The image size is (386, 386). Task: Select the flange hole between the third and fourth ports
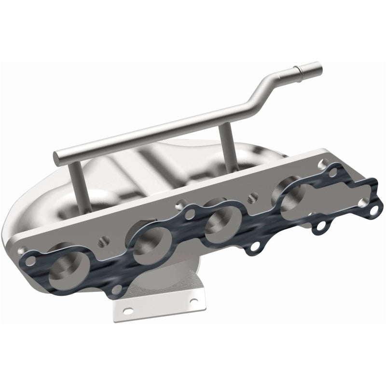(251, 197)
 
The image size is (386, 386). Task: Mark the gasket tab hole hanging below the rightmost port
(319, 227)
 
